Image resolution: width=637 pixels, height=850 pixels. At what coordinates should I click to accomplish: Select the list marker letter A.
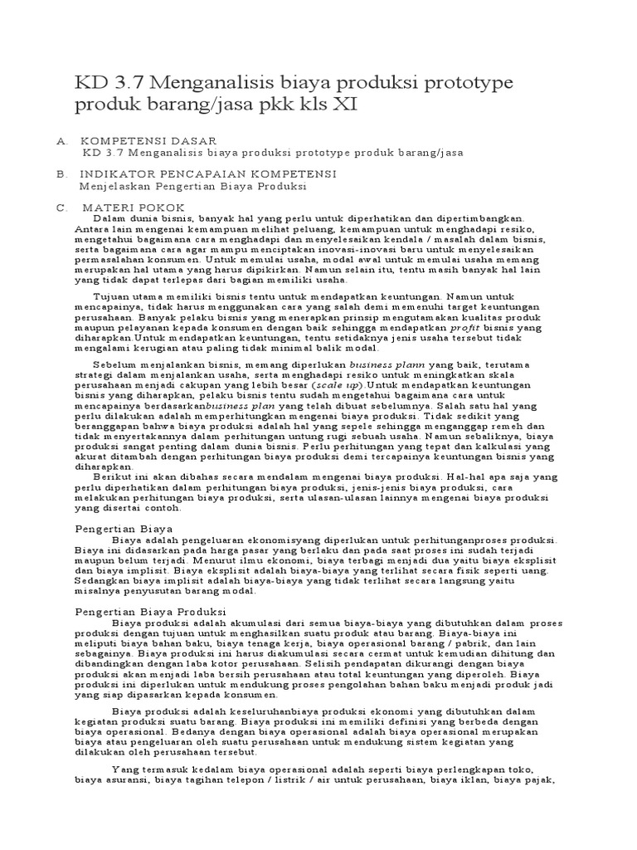[61, 142]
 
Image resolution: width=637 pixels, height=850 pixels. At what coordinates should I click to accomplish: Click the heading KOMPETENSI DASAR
[148, 142]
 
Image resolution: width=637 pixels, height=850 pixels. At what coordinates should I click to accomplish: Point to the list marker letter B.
[61, 174]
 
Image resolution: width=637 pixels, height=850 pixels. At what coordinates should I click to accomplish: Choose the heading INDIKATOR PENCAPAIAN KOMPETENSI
[208, 174]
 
